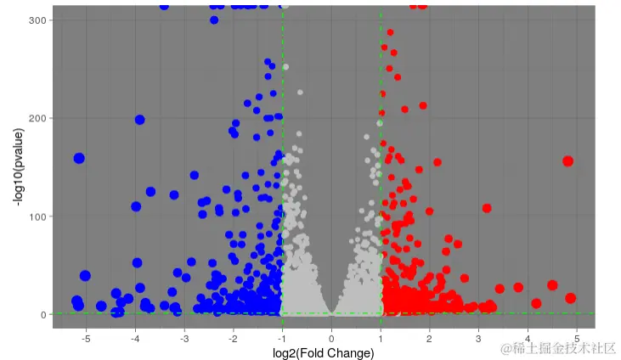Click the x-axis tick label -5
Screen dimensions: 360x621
pos(86,339)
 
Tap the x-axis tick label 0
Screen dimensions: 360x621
pos(332,339)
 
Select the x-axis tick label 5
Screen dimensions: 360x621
pos(577,339)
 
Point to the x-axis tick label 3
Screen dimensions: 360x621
pos(479,339)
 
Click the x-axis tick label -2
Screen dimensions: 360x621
pos(233,339)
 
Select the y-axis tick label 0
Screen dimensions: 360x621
pos(41,315)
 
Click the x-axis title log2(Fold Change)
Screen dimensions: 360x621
pos(324,353)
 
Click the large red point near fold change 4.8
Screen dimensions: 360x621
pos(567,161)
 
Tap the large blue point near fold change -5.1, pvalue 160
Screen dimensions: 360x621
pos(79,158)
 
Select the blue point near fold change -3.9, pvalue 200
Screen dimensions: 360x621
pos(139,120)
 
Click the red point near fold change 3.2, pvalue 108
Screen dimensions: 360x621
pos(487,208)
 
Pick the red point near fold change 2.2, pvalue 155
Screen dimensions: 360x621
pos(438,162)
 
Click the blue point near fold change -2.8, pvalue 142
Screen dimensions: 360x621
pos(195,175)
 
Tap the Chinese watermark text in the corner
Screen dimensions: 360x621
pos(558,348)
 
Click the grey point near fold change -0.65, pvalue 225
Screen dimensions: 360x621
pos(300,92)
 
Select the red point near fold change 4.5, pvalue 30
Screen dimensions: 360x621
pos(552,285)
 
